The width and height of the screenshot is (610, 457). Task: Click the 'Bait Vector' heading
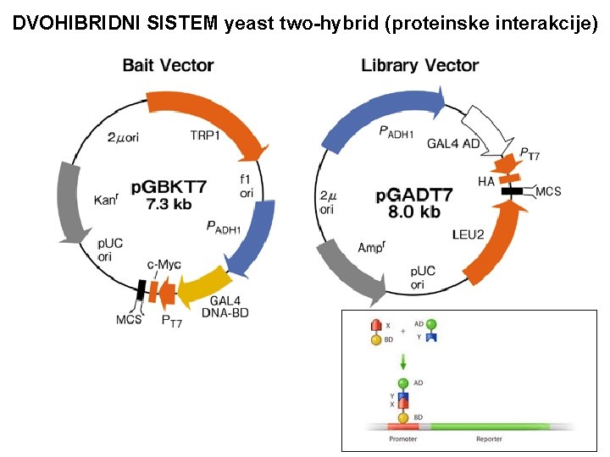[168, 65]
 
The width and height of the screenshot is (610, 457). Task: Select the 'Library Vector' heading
[419, 65]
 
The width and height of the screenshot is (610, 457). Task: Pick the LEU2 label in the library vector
[468, 234]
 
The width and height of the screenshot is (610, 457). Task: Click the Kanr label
[108, 200]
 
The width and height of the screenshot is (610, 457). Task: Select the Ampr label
[371, 247]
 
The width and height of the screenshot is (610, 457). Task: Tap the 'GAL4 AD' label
[452, 144]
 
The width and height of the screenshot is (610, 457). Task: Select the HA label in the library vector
[485, 181]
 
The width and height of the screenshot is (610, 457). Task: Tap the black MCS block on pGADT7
[512, 192]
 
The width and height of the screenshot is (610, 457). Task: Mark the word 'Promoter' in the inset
[403, 440]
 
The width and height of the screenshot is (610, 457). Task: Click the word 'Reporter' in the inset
[489, 440]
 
